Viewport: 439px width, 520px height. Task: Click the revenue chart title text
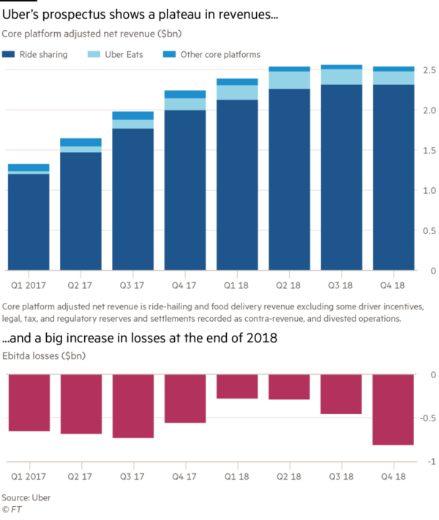click(91, 34)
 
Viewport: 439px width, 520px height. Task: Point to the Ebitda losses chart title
click(43, 356)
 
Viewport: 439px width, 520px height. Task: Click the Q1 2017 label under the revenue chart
click(28, 282)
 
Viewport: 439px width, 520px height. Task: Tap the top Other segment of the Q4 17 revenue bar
click(185, 94)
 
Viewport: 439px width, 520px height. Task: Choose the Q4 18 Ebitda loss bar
click(394, 410)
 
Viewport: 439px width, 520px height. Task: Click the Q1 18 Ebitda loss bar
click(237, 388)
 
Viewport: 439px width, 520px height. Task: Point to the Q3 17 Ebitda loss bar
click(133, 407)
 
